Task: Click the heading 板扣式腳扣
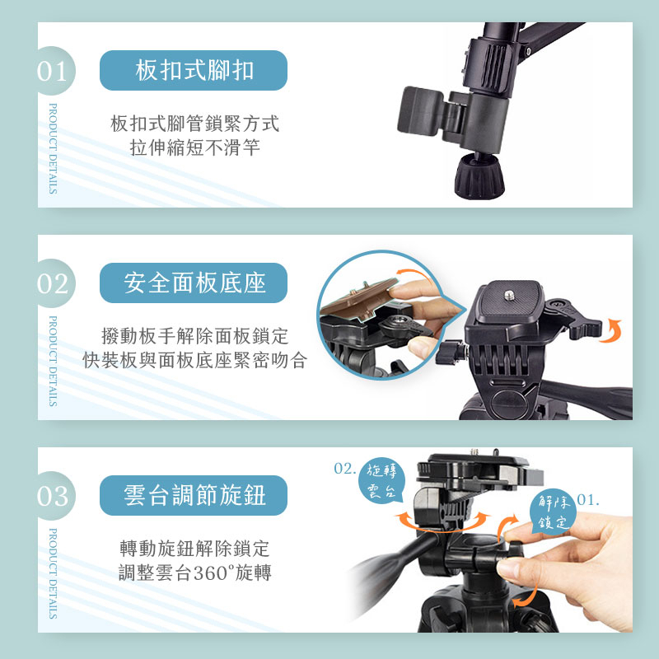194,70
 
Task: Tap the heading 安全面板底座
194,283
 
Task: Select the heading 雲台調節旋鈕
194,495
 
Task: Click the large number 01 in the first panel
52,72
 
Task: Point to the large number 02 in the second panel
52,284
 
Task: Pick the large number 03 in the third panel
52,497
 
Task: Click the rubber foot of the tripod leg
479,176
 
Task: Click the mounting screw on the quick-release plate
509,295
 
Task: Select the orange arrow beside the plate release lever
614,331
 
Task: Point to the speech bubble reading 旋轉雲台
381,480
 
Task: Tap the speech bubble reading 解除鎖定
553,512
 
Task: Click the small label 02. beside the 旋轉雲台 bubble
344,468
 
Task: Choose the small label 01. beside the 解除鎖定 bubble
588,500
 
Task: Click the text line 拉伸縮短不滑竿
194,147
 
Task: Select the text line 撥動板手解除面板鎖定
194,336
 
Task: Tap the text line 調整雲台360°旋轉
194,573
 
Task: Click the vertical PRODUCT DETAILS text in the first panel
53,149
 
